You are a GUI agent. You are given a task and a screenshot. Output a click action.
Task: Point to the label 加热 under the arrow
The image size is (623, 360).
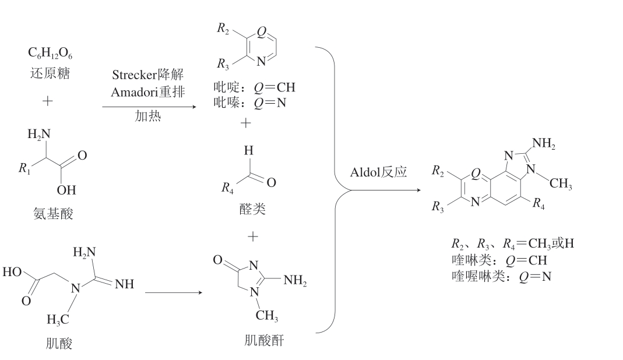(147, 117)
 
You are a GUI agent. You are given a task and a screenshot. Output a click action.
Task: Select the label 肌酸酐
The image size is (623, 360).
(264, 340)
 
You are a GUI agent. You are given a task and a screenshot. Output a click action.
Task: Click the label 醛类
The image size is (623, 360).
(252, 208)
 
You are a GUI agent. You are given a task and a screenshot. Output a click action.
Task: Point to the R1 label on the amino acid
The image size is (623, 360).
(24, 169)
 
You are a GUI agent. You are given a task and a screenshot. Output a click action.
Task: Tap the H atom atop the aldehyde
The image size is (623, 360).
(248, 151)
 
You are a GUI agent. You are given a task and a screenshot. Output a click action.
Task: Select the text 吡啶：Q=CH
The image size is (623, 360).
(255, 88)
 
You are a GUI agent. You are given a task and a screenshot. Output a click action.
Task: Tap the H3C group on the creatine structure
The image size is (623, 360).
(58, 320)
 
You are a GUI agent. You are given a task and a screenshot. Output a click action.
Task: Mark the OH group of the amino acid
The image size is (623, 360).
(66, 190)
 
